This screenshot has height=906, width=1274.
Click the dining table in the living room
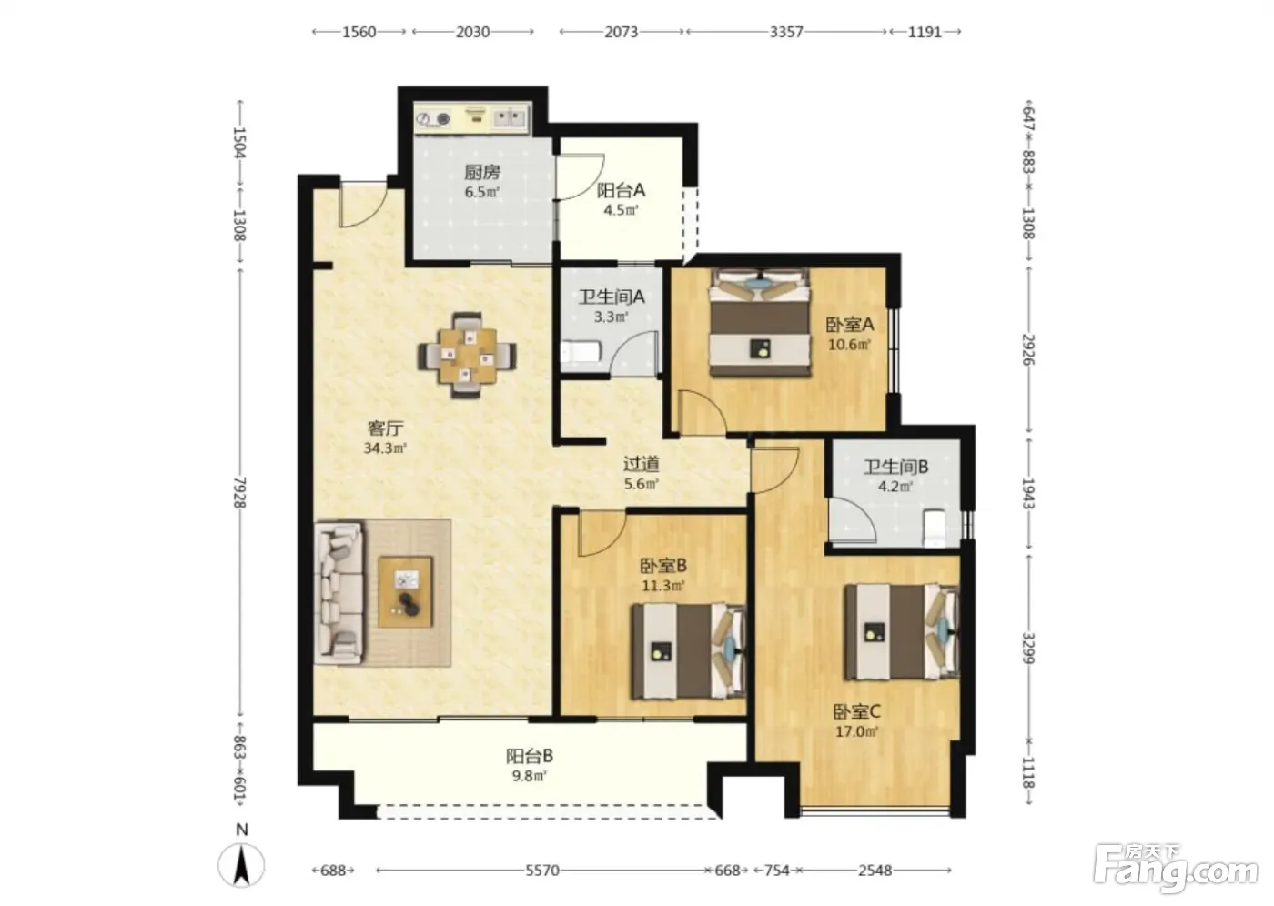[x=468, y=355]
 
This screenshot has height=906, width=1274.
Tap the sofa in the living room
[x=339, y=593]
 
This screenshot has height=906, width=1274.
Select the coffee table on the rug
[x=406, y=592]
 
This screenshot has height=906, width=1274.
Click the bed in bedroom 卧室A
[x=759, y=322]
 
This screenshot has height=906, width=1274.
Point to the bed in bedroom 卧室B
[x=689, y=651]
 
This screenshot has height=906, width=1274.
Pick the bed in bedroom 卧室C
[x=903, y=631]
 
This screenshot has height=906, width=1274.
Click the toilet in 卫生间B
[x=934, y=528]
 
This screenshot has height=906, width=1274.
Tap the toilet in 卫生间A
[x=581, y=352]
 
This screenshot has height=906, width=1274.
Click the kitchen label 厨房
[x=482, y=172]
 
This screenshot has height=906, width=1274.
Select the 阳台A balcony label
[x=621, y=190]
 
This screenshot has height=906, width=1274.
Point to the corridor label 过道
[x=642, y=464]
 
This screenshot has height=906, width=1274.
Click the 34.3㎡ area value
[x=385, y=448]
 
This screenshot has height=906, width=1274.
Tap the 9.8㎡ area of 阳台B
[x=530, y=775]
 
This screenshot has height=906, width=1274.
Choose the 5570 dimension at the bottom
[x=542, y=871]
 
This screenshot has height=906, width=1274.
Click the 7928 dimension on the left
[x=240, y=492]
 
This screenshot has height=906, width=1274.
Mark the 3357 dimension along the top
[x=786, y=32]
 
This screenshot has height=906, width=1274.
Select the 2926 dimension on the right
[x=1028, y=349]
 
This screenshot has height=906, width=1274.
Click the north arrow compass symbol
[x=242, y=865]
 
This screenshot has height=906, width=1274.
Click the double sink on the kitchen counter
[x=509, y=118]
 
